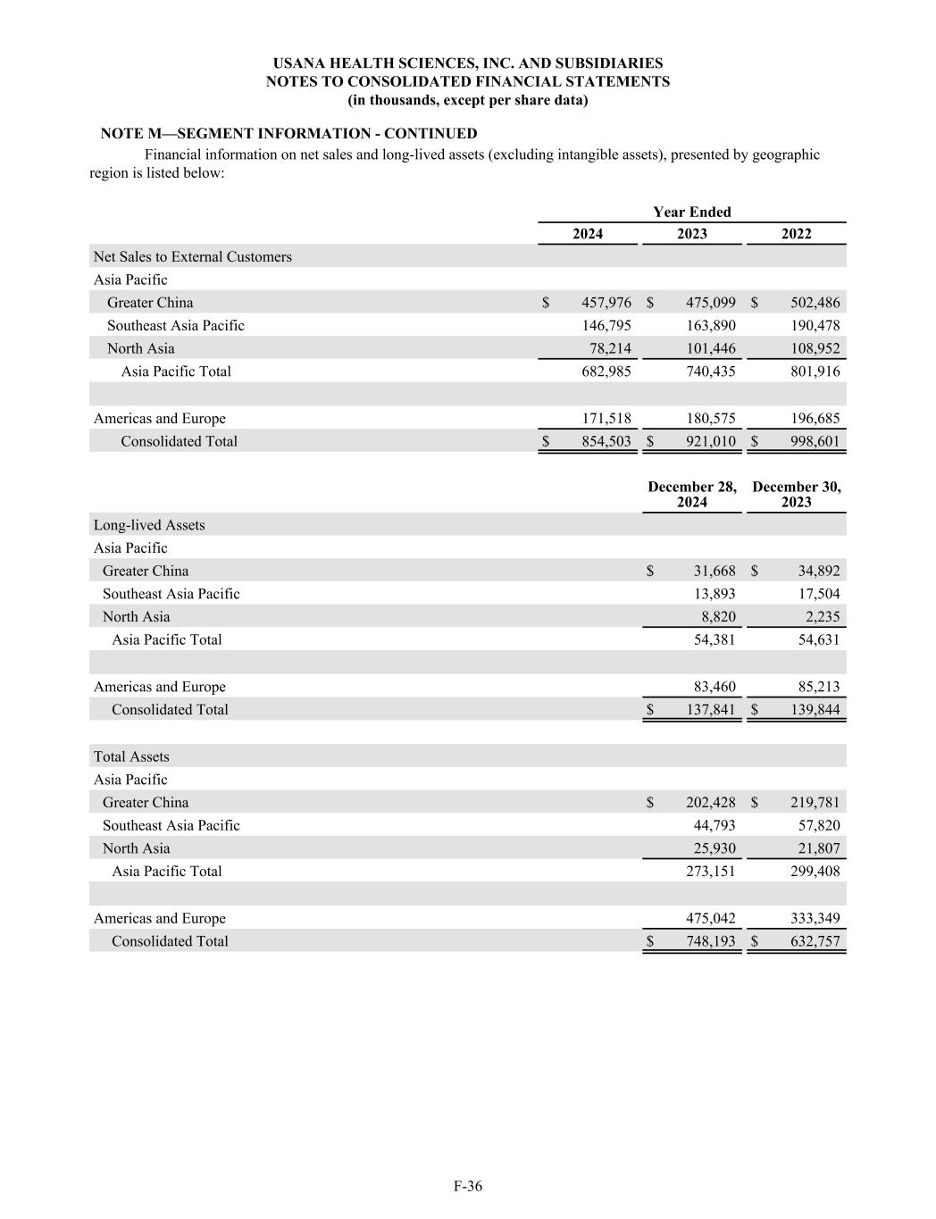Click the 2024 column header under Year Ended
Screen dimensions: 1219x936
point(587,234)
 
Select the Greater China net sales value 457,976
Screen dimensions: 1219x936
point(606,303)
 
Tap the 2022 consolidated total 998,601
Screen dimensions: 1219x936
point(815,441)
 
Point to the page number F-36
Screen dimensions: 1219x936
point(467,1186)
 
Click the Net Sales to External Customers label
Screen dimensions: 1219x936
point(192,257)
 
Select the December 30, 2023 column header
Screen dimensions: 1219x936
point(796,495)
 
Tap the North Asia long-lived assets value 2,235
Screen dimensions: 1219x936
point(820,617)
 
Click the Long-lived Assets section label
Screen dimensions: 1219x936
point(149,525)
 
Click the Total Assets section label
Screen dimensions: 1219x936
point(131,757)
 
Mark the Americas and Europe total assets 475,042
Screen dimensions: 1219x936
point(710,919)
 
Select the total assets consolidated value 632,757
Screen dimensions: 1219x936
point(815,941)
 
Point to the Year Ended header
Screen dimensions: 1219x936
point(691,213)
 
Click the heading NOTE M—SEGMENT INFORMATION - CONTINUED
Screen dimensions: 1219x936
point(288,134)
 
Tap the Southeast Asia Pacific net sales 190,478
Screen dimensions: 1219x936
point(815,326)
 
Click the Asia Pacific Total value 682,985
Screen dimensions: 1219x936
point(606,372)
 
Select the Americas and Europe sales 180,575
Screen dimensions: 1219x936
point(710,419)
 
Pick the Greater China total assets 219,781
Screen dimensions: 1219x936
point(815,803)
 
